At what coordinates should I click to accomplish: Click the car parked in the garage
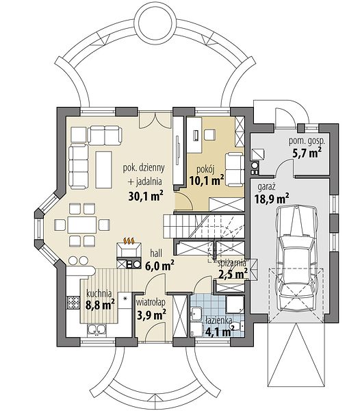296,258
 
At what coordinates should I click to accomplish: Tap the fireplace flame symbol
129,240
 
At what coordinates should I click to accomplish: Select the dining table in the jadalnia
82,225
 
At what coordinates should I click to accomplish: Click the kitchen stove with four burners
73,303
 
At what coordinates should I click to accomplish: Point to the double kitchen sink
97,329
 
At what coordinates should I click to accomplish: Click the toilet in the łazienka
237,326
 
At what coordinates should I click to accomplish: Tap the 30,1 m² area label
146,195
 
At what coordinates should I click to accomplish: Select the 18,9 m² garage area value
272,199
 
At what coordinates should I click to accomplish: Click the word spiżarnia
232,264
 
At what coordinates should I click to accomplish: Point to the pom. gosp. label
307,142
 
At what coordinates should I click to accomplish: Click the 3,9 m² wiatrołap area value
152,314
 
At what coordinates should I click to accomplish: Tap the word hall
156,253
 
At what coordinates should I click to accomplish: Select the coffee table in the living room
104,170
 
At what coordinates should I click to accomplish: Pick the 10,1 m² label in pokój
206,181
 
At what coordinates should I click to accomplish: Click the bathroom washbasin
196,313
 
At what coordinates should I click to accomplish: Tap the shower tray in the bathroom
235,305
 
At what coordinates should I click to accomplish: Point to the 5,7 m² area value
307,153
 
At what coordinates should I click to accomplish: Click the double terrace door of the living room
155,119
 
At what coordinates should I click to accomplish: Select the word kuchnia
99,293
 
